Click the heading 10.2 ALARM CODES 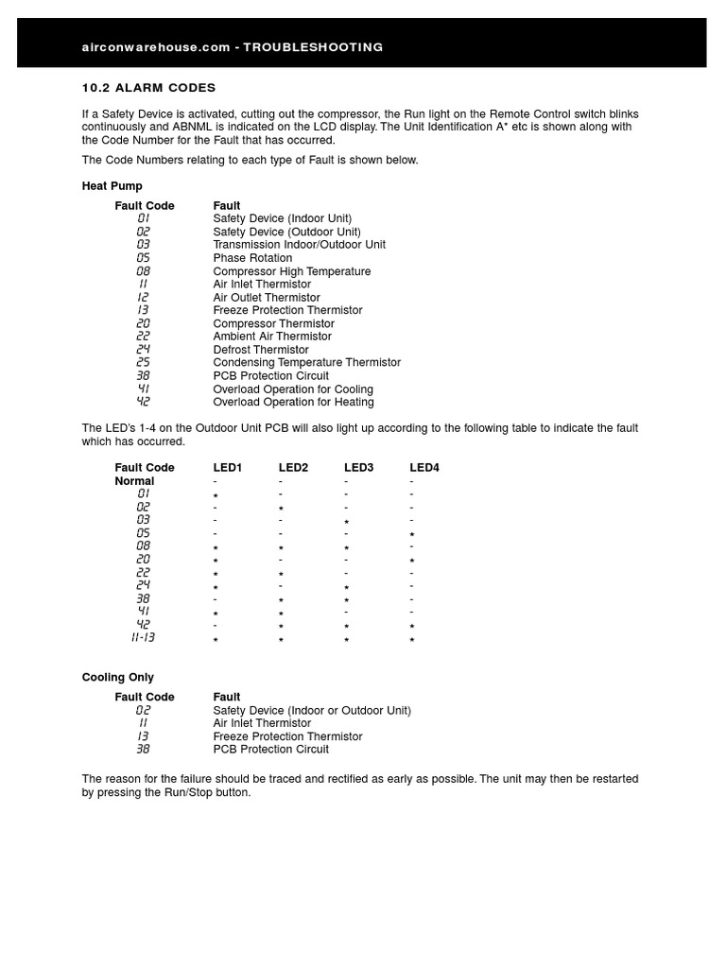[x=148, y=88]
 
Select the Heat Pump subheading [x=112, y=186]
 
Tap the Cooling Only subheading [x=117, y=678]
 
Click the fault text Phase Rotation [x=252, y=258]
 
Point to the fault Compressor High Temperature [x=291, y=271]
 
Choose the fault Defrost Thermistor [x=261, y=350]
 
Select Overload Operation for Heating [x=293, y=402]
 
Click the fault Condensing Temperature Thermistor [x=306, y=363]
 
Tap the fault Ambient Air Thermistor [x=272, y=337]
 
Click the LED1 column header [x=228, y=468]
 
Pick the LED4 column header [x=424, y=468]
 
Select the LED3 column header [x=359, y=468]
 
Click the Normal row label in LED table [x=134, y=481]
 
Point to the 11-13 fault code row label [x=143, y=638]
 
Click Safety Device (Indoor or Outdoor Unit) [x=312, y=711]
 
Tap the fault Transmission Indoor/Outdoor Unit [x=299, y=245]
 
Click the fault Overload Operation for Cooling [x=293, y=389]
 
